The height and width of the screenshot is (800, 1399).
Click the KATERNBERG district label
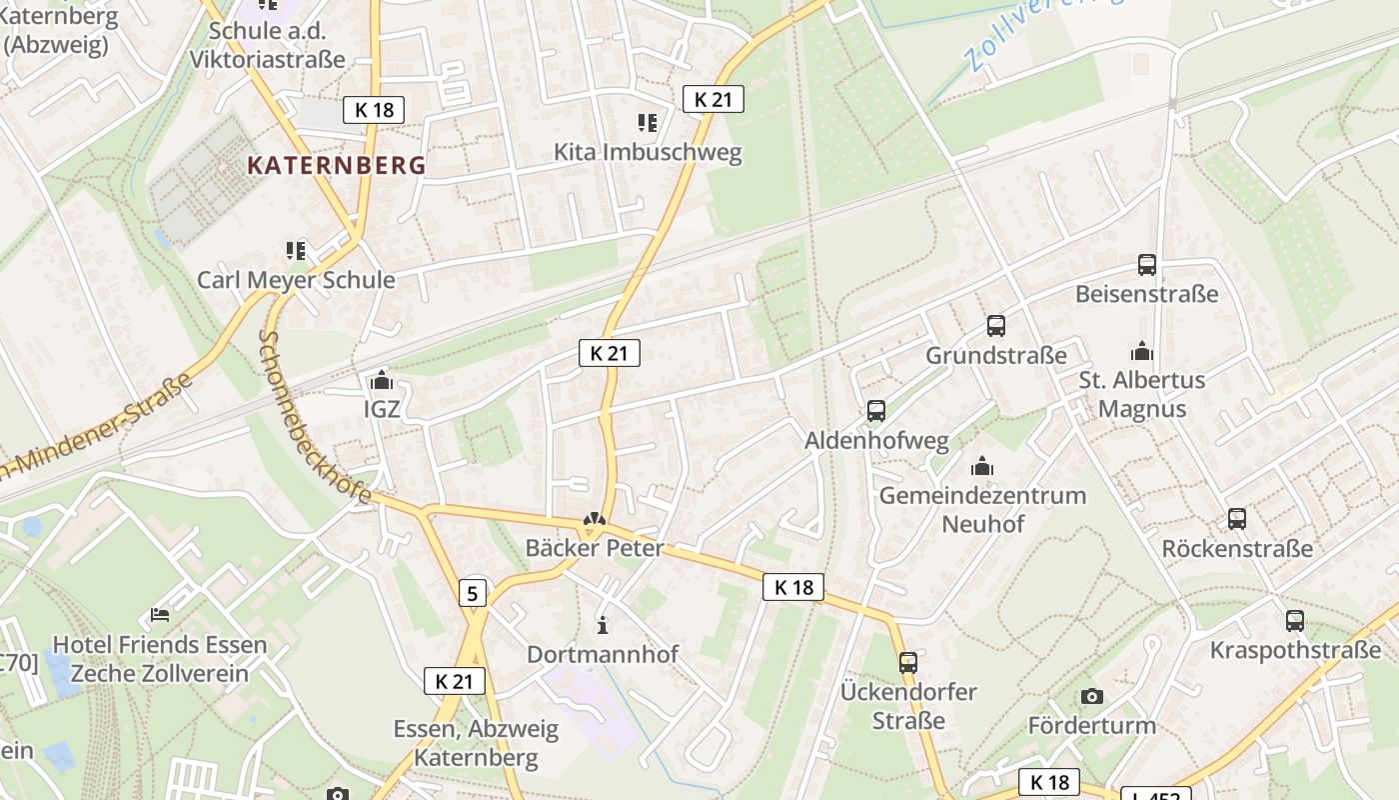[336, 166]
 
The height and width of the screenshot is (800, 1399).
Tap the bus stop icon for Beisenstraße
[1147, 265]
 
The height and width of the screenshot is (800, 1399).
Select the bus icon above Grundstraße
[996, 326]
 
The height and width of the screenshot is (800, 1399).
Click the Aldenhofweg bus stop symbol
[876, 411]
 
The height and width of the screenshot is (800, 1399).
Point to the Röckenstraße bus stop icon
[1237, 519]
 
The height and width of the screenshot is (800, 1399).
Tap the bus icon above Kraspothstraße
[1295, 621]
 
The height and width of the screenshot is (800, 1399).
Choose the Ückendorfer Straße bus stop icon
[908, 662]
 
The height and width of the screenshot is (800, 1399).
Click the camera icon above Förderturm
[1092, 696]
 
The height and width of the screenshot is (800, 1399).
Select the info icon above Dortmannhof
[603, 625]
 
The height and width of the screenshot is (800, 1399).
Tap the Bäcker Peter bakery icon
[595, 520]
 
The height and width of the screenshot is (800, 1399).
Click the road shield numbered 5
[474, 593]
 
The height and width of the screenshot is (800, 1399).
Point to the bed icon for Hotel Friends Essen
[160, 615]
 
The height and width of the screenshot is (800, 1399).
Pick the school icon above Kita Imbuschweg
[648, 123]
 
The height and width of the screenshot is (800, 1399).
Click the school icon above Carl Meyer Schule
[296, 250]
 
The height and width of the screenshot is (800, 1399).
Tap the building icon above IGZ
[381, 380]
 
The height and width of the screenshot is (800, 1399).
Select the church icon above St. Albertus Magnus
[1141, 351]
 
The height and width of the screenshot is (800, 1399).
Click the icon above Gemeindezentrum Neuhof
[982, 466]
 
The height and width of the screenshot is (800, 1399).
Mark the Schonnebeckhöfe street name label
[313, 416]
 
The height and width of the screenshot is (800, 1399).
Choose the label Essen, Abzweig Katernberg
[476, 743]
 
